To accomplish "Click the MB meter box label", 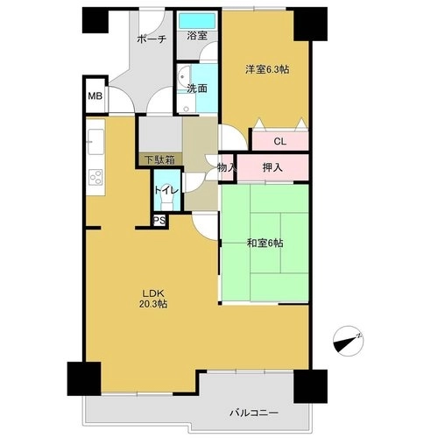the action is click(95, 95).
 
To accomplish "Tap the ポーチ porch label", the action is click(152, 39).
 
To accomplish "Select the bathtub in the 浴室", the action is click(197, 21).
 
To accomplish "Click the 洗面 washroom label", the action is click(197, 88).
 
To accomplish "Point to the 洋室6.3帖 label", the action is click(267, 69).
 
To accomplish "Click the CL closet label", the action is click(279, 142).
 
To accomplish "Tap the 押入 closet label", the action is click(272, 167).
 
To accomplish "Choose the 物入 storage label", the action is click(226, 167).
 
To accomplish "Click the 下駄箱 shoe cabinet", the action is click(160, 159).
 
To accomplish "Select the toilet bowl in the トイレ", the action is click(167, 201).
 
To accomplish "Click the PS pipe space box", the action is click(159, 221).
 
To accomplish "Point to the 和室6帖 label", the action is click(265, 243).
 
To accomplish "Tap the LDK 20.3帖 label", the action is click(153, 299).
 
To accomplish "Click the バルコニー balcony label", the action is click(254, 413).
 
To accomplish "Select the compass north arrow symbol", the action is click(349, 341).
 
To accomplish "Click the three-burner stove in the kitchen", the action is click(96, 177).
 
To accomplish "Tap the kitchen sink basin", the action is click(95, 142).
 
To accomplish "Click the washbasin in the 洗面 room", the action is click(183, 76).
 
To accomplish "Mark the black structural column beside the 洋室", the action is click(310, 24).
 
